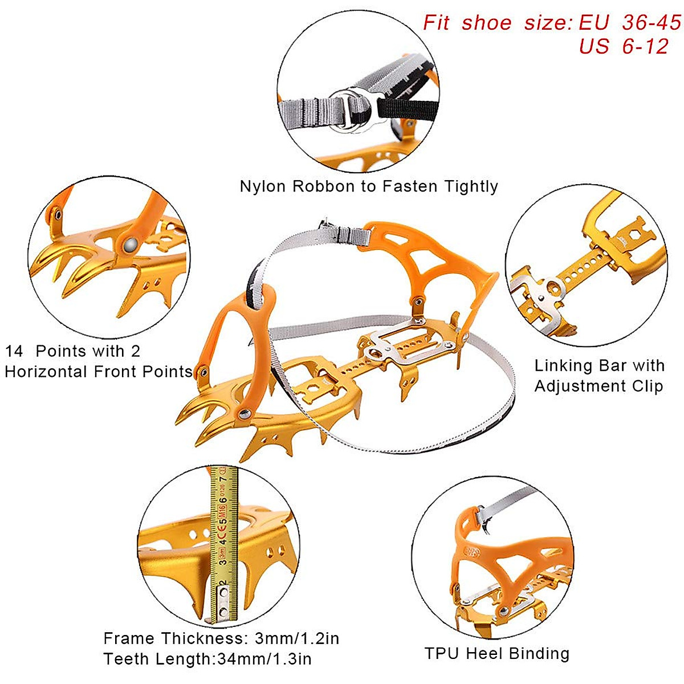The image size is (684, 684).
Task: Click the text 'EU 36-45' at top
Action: (629, 23)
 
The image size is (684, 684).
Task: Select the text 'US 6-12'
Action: (623, 47)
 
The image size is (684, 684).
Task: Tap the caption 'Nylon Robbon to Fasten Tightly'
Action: (369, 186)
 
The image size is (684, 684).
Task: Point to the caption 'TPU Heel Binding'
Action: (497, 653)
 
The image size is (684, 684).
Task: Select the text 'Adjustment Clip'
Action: (598, 386)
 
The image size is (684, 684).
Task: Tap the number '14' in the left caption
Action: (16, 351)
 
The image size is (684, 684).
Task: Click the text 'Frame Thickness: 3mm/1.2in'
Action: (221, 638)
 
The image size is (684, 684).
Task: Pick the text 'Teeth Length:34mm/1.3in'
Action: (207, 659)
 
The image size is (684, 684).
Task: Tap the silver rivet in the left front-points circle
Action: (130, 244)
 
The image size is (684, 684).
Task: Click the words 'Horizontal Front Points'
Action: (98, 372)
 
